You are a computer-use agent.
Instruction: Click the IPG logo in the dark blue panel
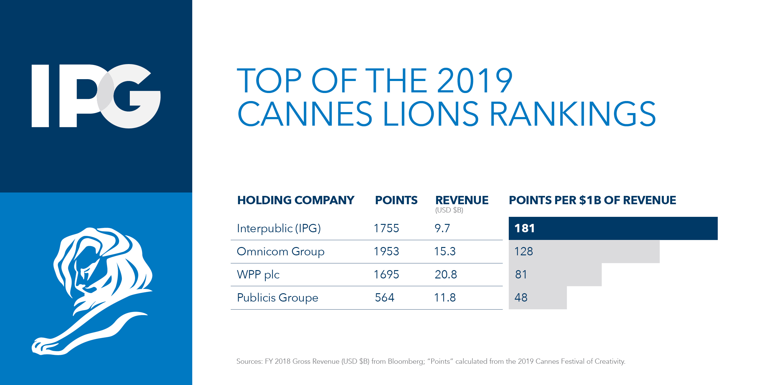(96, 96)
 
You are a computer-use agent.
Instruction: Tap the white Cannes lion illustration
(92, 290)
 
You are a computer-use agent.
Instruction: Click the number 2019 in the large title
(475, 81)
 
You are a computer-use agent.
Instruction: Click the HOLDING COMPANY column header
(296, 200)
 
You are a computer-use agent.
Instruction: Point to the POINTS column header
(396, 200)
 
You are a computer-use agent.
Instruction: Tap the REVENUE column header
(462, 200)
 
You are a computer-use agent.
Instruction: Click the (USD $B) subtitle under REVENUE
(449, 210)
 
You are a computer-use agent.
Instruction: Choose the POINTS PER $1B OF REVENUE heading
(592, 200)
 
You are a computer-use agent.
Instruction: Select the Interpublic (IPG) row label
(279, 228)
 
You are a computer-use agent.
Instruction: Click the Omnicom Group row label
(281, 251)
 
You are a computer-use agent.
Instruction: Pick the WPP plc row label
(258, 274)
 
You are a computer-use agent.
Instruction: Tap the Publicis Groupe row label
(277, 298)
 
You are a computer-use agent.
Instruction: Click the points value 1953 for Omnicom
(386, 251)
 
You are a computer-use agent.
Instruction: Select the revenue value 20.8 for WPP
(446, 274)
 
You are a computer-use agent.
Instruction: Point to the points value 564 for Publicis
(384, 298)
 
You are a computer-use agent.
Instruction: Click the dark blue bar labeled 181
(613, 228)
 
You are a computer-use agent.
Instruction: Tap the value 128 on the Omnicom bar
(524, 251)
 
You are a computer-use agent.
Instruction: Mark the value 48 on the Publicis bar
(521, 298)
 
